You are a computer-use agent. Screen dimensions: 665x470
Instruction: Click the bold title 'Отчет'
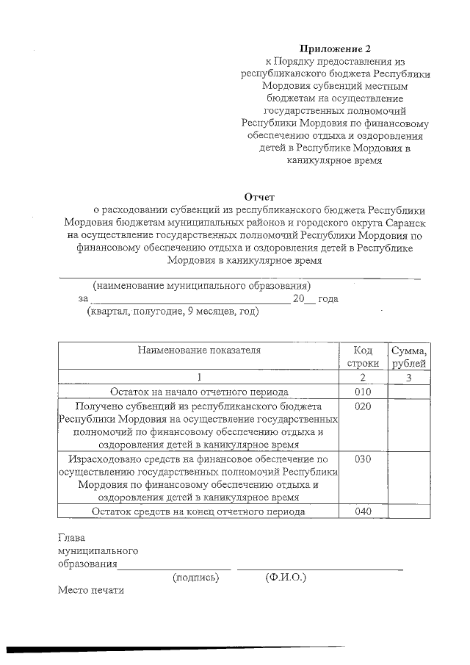[x=258, y=196]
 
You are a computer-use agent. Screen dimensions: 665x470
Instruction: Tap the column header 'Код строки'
[x=363, y=356]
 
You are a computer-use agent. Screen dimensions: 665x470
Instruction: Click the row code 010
[x=363, y=392]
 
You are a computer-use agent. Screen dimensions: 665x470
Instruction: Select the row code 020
[x=363, y=406]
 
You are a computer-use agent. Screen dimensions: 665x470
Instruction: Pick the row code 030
[x=363, y=459]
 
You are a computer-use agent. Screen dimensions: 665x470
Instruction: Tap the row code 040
[x=363, y=512]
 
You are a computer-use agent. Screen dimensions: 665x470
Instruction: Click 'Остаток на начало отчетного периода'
[x=199, y=392]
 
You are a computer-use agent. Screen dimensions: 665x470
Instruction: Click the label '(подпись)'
[x=195, y=578]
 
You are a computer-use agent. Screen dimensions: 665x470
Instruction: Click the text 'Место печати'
[x=92, y=590]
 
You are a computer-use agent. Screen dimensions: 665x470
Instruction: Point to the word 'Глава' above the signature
[x=72, y=538]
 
